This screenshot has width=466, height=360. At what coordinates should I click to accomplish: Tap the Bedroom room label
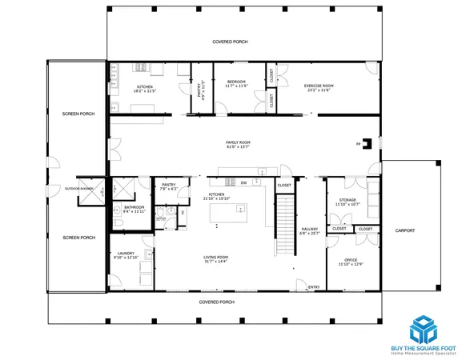click(236, 82)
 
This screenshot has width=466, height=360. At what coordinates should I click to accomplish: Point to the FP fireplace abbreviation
click(358, 144)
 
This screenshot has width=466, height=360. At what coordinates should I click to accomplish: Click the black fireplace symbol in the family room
click(366, 144)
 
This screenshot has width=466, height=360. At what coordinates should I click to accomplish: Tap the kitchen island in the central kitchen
click(228, 214)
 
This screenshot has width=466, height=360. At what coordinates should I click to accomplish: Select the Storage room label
click(347, 201)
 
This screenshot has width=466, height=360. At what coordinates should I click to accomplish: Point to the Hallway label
click(309, 230)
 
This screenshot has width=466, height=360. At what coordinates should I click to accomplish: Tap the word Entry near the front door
click(313, 286)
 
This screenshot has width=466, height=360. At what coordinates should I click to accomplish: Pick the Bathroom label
click(134, 209)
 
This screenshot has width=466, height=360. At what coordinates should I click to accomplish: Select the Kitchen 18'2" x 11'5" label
click(145, 88)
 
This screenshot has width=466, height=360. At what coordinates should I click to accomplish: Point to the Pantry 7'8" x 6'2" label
click(168, 186)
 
